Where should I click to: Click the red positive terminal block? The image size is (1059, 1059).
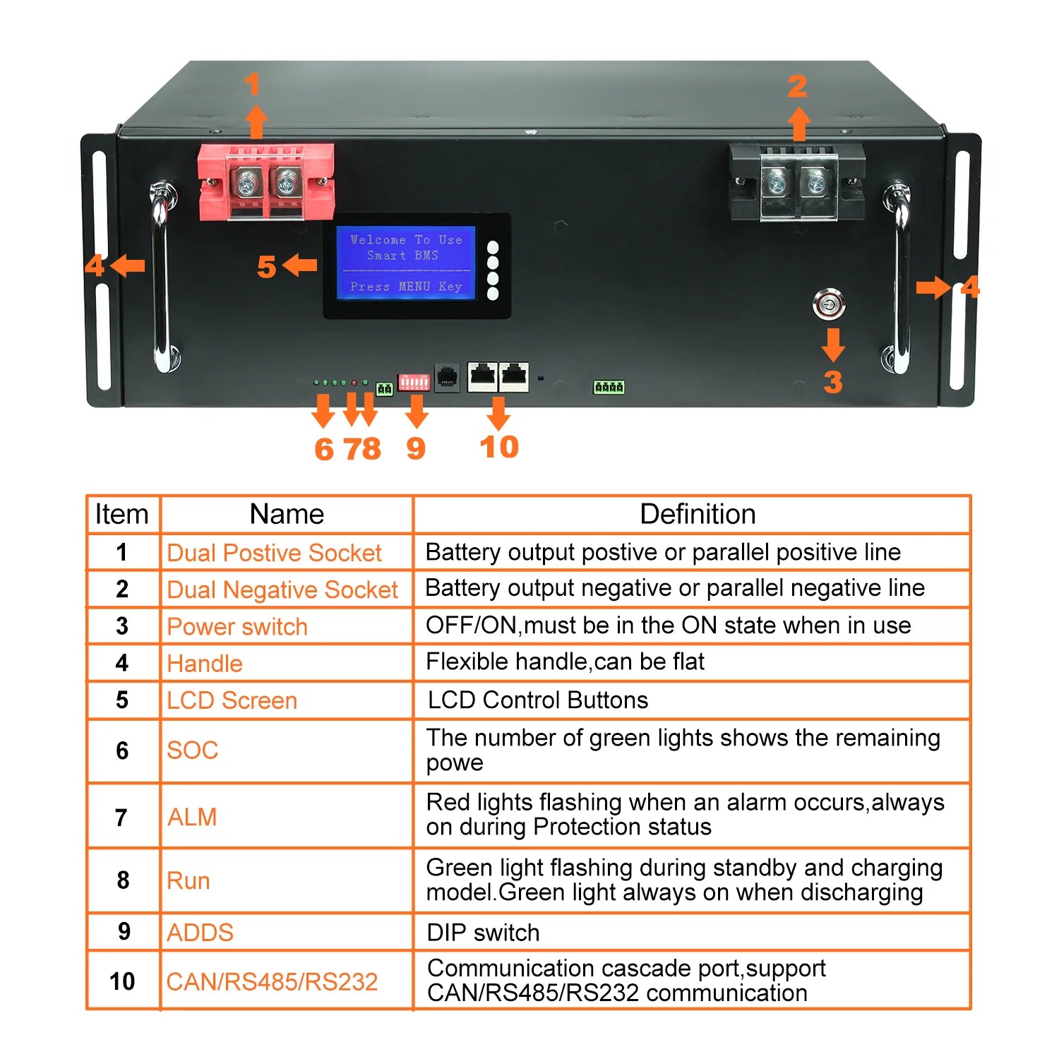(265, 182)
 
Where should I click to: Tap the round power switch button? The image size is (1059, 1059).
(828, 304)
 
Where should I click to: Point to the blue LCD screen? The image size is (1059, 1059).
(405, 263)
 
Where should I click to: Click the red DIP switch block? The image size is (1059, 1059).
(414, 382)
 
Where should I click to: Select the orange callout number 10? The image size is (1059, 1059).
(499, 447)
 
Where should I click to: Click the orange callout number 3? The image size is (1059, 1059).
(833, 382)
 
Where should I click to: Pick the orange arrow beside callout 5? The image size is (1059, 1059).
(300, 266)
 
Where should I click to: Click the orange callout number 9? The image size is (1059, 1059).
(416, 448)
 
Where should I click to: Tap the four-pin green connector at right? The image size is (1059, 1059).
(609, 387)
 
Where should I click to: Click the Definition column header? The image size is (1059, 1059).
(697, 514)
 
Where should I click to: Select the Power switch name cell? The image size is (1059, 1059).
(237, 626)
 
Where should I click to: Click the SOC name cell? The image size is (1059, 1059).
(192, 750)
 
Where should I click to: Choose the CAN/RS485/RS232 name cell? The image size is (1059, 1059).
(272, 981)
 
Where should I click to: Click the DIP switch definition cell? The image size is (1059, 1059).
(483, 932)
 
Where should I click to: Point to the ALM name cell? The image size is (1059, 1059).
(192, 817)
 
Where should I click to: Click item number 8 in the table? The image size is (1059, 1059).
(123, 880)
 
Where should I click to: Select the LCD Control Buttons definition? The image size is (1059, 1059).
(537, 700)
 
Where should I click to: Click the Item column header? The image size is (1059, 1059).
(122, 514)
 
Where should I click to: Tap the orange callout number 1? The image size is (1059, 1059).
(252, 85)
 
